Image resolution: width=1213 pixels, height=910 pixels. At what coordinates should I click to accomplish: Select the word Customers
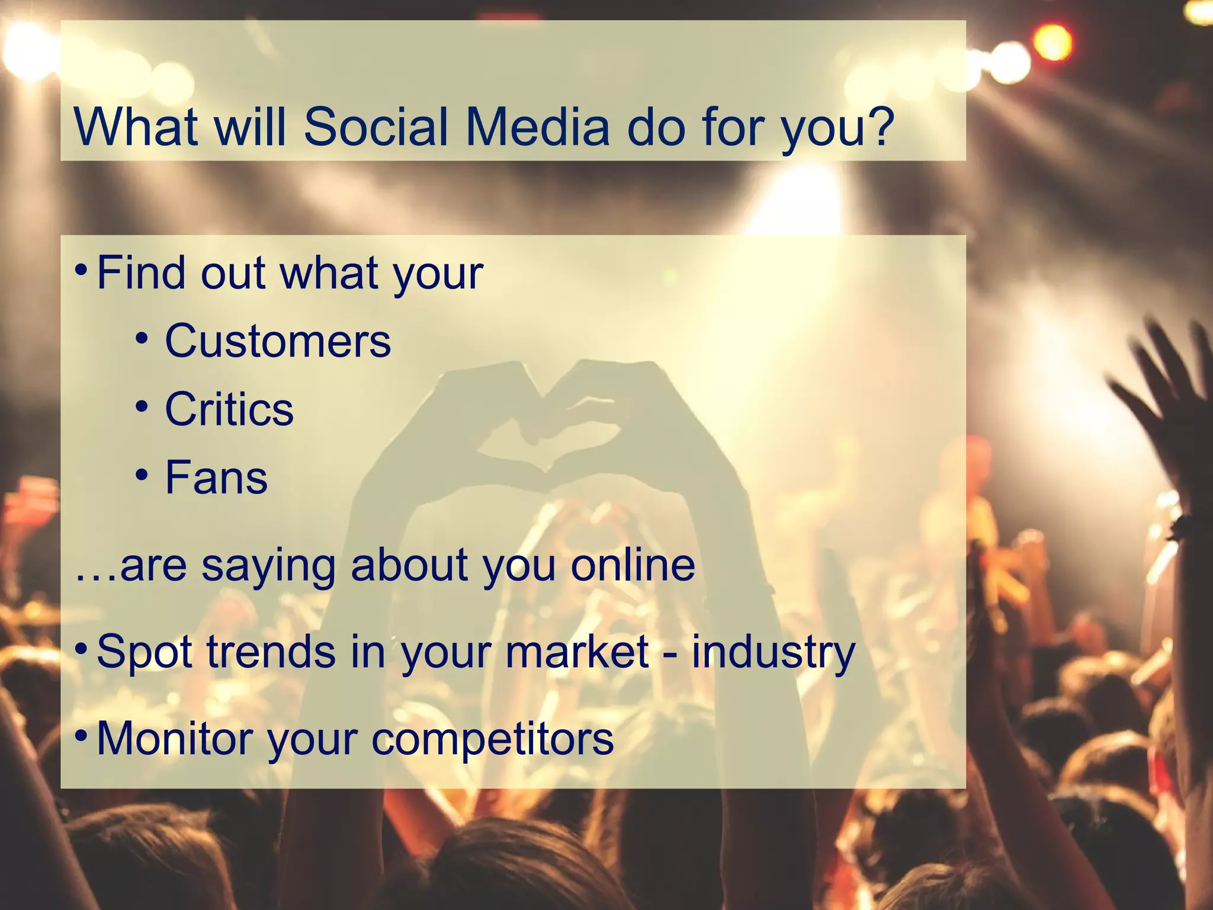pyautogui.click(x=278, y=341)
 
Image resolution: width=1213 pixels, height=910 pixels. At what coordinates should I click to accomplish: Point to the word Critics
pyautogui.click(x=229, y=409)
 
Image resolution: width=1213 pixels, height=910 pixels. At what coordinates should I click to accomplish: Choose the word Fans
pyautogui.click(x=216, y=478)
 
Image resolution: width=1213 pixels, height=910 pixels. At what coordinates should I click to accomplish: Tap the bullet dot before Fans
pyautogui.click(x=142, y=475)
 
